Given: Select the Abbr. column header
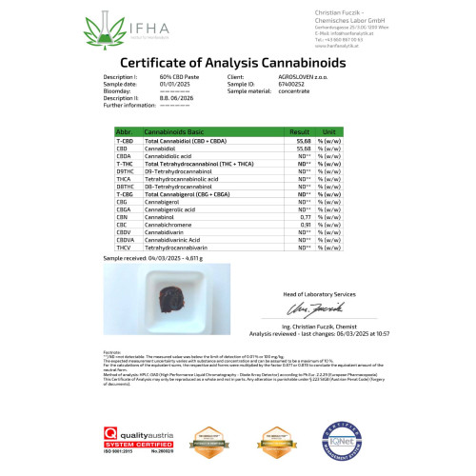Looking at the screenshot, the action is (x=123, y=132).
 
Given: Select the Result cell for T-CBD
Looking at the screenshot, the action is (x=304, y=141).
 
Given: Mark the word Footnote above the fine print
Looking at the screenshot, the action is (x=111, y=351).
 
